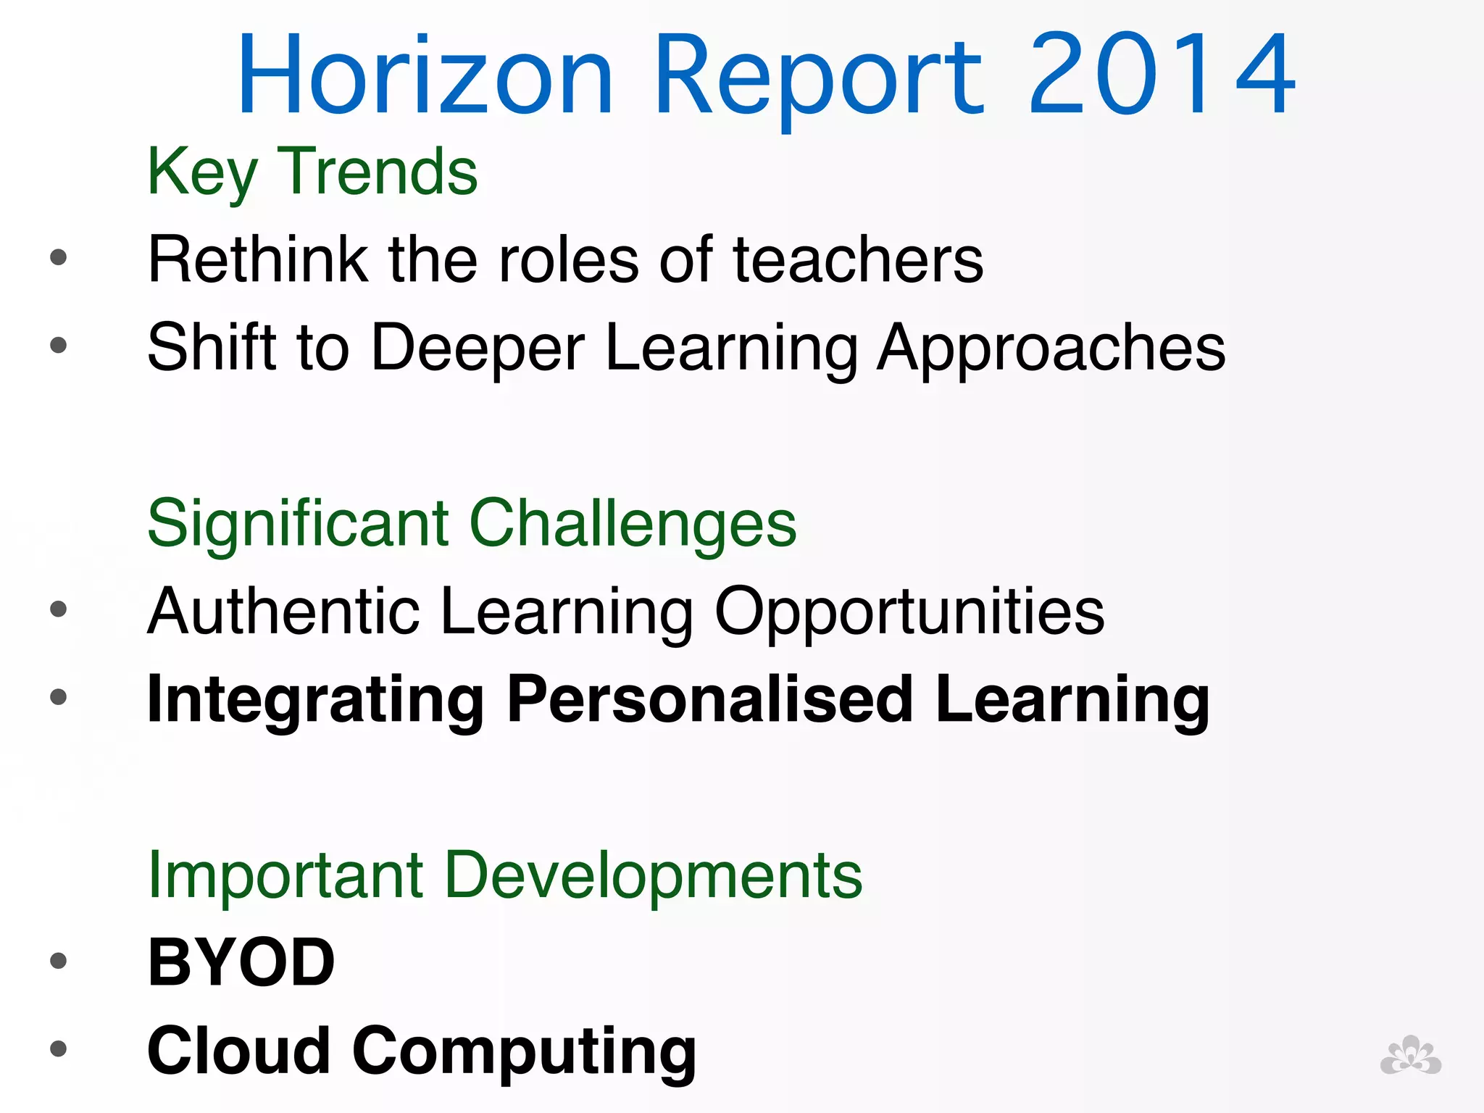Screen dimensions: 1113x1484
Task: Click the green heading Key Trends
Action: click(x=312, y=172)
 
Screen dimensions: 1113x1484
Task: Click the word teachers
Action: click(x=858, y=260)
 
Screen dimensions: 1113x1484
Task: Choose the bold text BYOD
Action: click(x=241, y=963)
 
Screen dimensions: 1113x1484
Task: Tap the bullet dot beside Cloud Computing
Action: click(x=59, y=1049)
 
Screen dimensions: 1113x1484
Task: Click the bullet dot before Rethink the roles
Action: click(x=59, y=257)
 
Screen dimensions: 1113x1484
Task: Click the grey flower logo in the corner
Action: click(x=1410, y=1056)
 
